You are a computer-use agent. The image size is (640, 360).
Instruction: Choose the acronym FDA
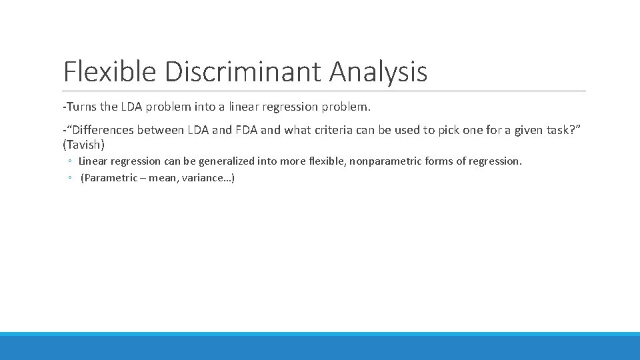(245, 130)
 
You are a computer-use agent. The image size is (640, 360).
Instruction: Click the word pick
(451, 130)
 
